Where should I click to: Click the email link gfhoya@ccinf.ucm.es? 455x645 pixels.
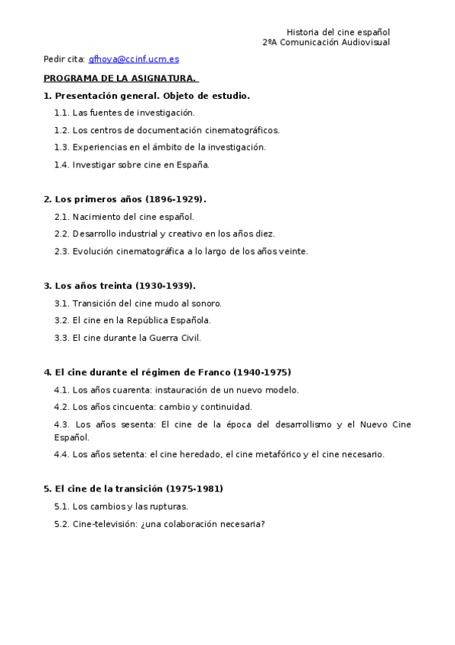[134, 59]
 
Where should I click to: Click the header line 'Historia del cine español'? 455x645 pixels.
[338, 32]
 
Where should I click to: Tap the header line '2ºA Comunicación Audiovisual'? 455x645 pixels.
[326, 43]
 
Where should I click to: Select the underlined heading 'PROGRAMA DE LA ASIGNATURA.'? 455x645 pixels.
[120, 78]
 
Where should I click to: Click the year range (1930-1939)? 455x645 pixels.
[166, 286]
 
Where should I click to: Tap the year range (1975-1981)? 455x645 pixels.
[194, 489]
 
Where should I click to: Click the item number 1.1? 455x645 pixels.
[62, 113]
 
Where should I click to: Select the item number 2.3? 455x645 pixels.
[62, 251]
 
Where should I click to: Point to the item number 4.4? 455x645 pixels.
[62, 454]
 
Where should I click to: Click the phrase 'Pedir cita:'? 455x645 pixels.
[64, 59]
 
